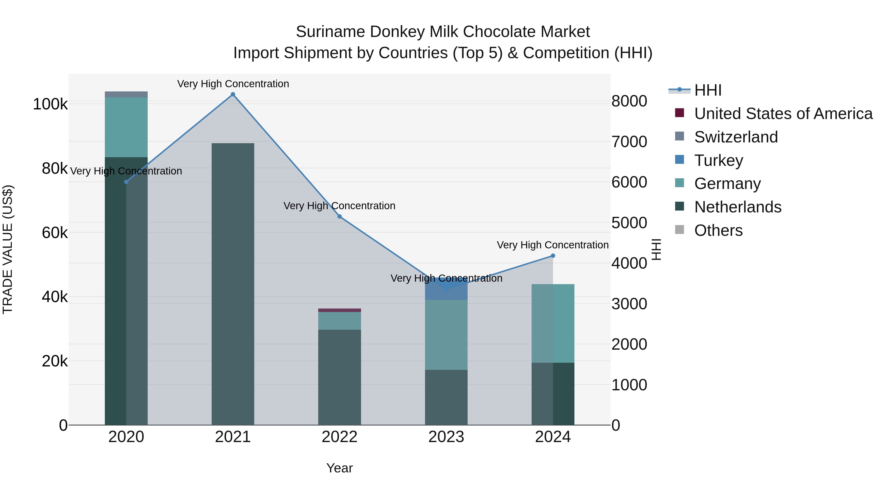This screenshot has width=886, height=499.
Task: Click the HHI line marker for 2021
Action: coord(233,94)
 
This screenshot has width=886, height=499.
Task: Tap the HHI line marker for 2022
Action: coord(339,217)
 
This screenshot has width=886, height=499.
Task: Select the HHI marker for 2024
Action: coord(553,256)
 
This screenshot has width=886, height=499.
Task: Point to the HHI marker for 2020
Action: coord(126,182)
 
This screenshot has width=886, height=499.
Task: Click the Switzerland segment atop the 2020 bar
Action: coord(126,94)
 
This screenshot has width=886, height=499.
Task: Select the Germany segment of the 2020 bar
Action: coord(126,127)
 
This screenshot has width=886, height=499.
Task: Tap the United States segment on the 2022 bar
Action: coord(339,310)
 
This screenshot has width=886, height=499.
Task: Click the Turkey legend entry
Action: coord(718,160)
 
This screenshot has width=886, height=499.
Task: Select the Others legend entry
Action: coord(718,230)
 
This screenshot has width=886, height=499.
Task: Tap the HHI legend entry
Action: coord(708,90)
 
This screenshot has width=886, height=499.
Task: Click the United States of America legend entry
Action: coord(783,114)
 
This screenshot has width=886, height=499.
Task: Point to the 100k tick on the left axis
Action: coord(50,104)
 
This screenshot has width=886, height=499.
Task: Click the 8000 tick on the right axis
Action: coord(629,101)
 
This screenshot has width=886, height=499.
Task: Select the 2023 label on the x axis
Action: coord(446,437)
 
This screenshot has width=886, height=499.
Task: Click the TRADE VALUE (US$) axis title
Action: coord(8,249)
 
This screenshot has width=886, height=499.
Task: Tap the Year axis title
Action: coord(339,468)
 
